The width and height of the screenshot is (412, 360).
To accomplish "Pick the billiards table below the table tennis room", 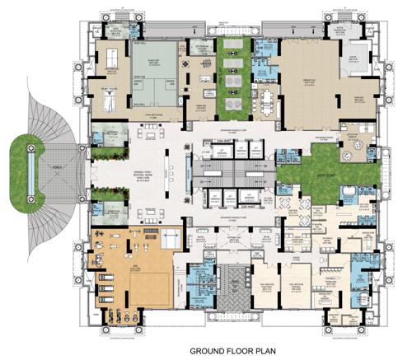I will pyautogui.click(x=110, y=100).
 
